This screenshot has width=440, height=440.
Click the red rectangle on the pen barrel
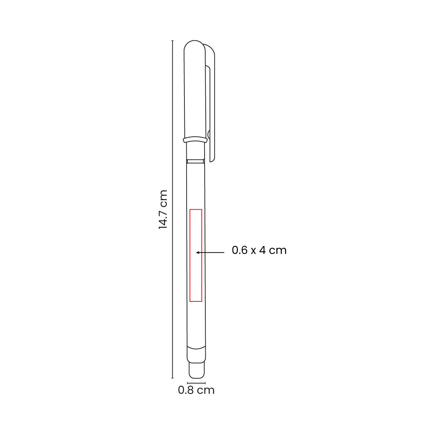[x=196, y=255]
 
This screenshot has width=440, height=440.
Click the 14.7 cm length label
[x=163, y=210]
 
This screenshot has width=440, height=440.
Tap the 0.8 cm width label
[x=196, y=390]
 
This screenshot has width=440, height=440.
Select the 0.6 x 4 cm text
[x=259, y=250]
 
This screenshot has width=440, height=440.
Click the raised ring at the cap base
[x=195, y=140]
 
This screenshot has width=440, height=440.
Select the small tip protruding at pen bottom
[x=196, y=370]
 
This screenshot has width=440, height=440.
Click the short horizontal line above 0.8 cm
[x=196, y=383]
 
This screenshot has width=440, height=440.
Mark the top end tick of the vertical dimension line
[x=172, y=41]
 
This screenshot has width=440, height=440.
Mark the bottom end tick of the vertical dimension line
[x=172, y=378]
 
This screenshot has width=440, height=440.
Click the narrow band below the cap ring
[x=195, y=161]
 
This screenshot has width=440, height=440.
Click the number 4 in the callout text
[x=262, y=250]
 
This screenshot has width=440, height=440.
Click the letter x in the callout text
[x=253, y=251]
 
